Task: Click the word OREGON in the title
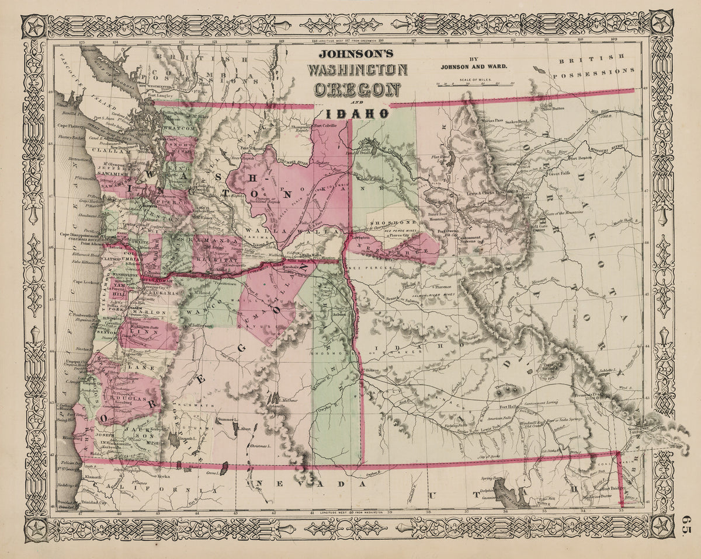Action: tap(357, 89)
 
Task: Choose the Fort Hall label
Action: tap(509, 407)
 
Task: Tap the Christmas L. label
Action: tap(259, 445)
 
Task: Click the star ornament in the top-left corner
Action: tap(34, 26)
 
